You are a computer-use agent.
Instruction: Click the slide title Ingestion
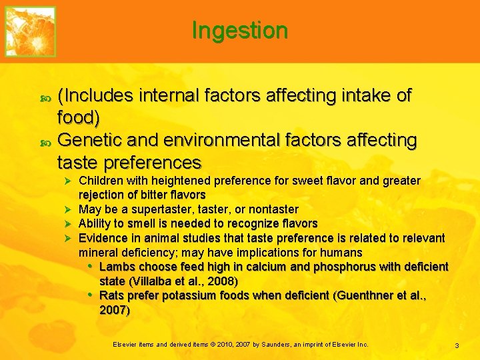(x=239, y=30)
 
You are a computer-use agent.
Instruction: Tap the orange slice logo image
(x=31, y=31)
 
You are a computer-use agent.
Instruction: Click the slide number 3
(x=457, y=345)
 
